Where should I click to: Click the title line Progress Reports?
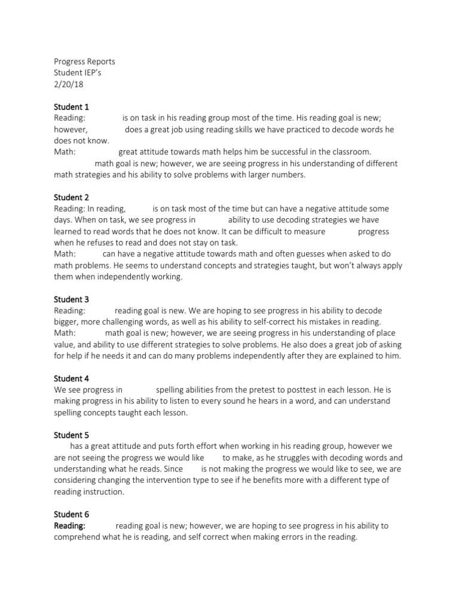click(x=84, y=62)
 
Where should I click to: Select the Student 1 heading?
click(x=71, y=107)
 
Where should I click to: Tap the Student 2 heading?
click(x=71, y=197)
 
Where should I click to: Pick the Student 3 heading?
click(x=71, y=299)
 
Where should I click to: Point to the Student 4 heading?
click(x=71, y=378)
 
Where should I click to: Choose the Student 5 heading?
click(x=71, y=435)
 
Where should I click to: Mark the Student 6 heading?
click(x=71, y=515)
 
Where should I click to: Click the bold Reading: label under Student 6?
click(x=70, y=526)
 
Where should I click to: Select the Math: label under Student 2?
click(x=65, y=254)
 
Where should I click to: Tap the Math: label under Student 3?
click(x=65, y=333)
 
